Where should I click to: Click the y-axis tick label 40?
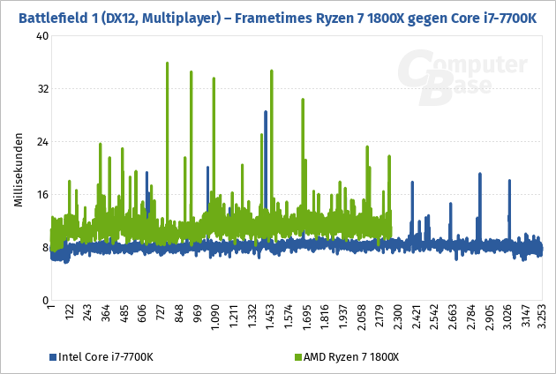(42, 36)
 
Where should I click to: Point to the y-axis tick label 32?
(42, 89)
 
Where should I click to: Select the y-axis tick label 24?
(42, 142)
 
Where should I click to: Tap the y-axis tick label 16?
(42, 195)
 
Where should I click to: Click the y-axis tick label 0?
(45, 301)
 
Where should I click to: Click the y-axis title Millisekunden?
(18, 172)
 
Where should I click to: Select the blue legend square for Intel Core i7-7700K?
(52, 357)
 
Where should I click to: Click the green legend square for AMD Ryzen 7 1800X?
(297, 357)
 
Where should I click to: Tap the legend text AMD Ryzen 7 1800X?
(351, 357)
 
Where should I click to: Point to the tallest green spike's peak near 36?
(167, 63)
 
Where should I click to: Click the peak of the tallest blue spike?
(266, 112)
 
